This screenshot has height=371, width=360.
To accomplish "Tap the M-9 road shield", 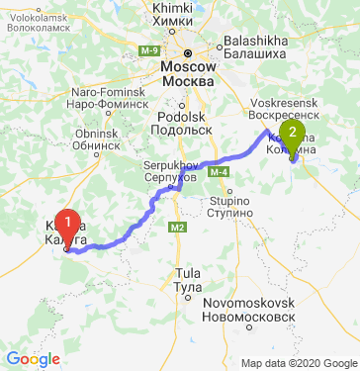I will [149, 49].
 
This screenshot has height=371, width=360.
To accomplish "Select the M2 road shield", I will [177, 229].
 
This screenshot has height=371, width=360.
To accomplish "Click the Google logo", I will [33, 358].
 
